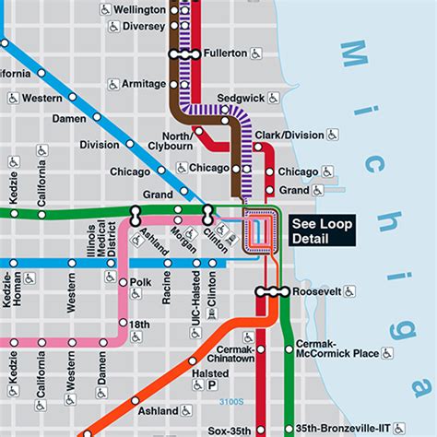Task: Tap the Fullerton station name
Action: (227, 53)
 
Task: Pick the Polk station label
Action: (140, 282)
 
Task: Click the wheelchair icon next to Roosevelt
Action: (348, 291)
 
